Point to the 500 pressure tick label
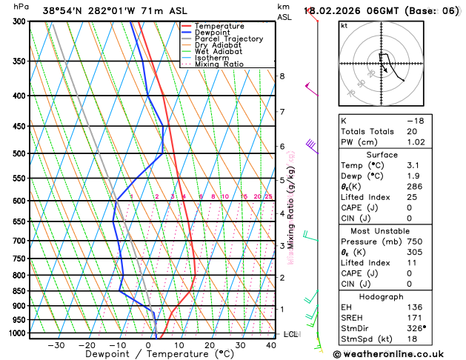[x=19, y=154]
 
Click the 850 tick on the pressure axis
[x=19, y=291]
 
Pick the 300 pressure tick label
[x=19, y=21]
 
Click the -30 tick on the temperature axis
[x=56, y=345]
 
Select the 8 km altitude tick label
[x=282, y=76]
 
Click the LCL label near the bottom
[x=291, y=334]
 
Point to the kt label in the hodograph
[x=344, y=26]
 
